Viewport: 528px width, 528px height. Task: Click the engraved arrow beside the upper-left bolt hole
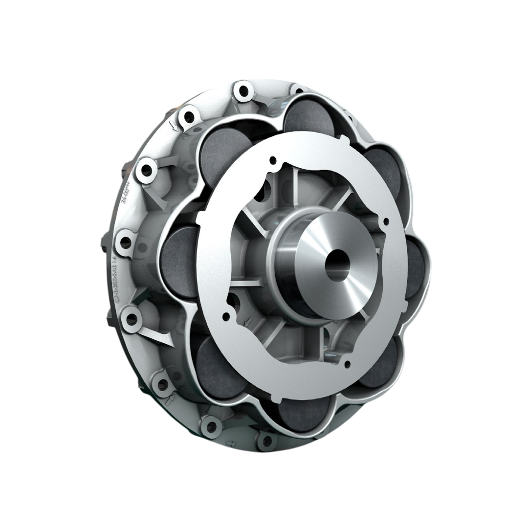(x=173, y=128)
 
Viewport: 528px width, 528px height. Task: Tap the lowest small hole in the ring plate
(x=347, y=364)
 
